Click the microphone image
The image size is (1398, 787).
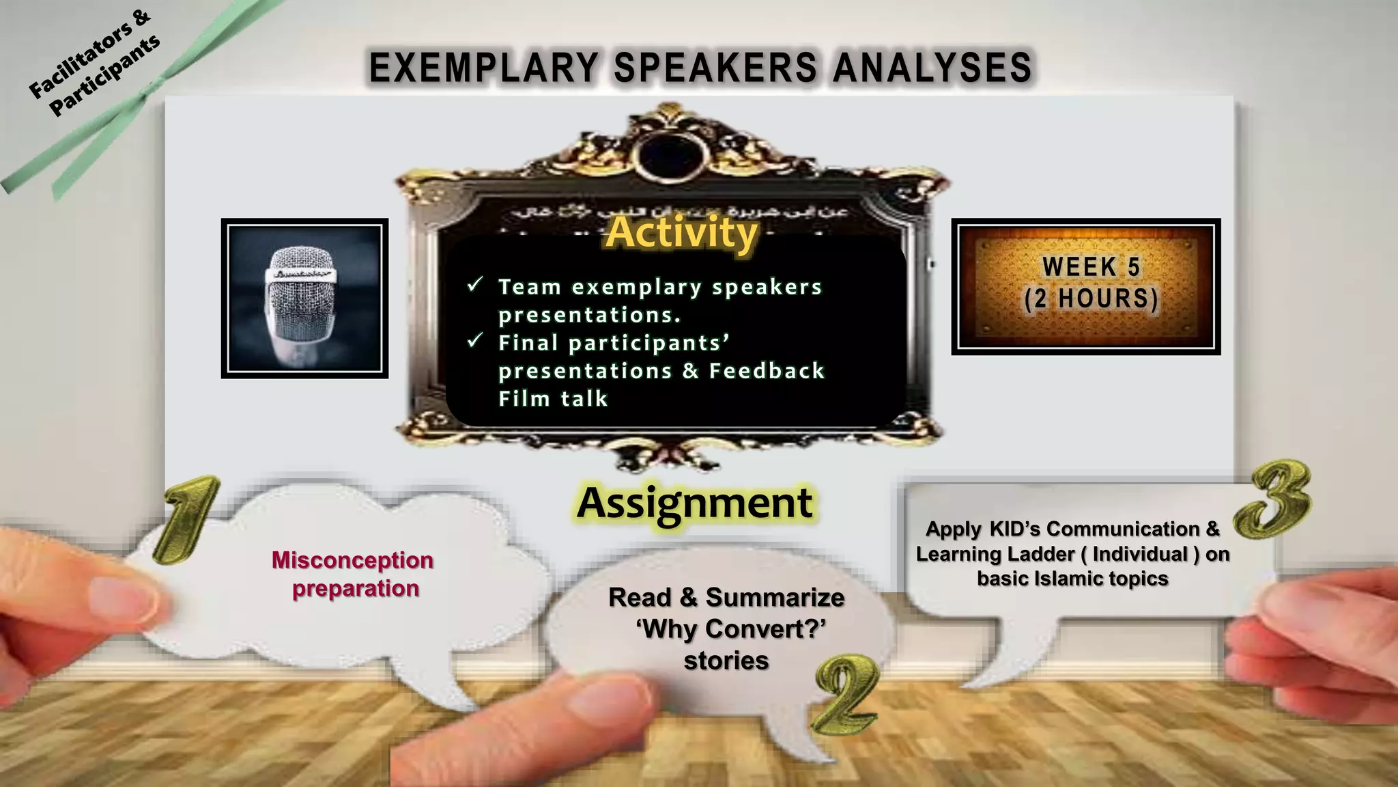coord(304,299)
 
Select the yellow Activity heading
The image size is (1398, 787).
coord(682,232)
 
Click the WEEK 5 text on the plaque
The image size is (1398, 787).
coord(1091,267)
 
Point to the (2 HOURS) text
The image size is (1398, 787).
coord(1091,299)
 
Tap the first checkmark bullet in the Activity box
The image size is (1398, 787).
coord(475,284)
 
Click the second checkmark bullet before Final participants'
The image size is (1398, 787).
coord(475,340)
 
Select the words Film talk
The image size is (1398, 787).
coord(553,398)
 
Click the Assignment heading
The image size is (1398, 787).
coord(695,503)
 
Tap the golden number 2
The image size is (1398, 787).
coord(846,693)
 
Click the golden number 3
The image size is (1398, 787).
coord(1274,499)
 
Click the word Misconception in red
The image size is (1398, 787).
coord(352,560)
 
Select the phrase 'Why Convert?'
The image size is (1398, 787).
coord(730,629)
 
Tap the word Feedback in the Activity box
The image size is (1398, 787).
coord(767,371)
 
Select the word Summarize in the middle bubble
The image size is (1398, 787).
coord(775,598)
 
